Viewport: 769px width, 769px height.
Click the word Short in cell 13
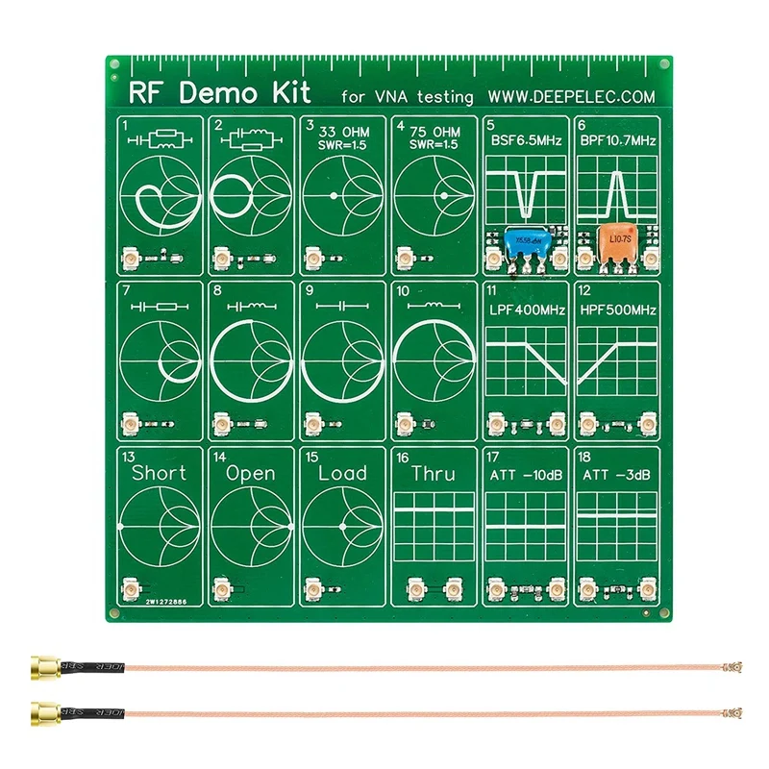(x=160, y=473)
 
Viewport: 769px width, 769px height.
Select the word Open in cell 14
(x=250, y=473)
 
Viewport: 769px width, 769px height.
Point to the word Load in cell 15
(x=342, y=473)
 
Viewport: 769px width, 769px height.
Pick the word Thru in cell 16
(x=433, y=474)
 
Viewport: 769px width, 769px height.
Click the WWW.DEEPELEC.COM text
(x=571, y=96)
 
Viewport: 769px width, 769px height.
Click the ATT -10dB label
(x=525, y=475)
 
